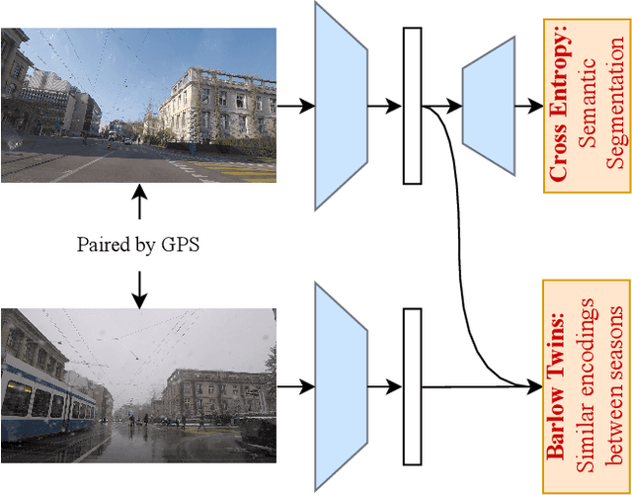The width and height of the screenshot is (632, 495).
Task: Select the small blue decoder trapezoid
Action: pos(488,105)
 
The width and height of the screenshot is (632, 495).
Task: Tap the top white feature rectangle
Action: pos(412,105)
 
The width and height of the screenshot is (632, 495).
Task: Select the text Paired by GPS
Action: pos(138,244)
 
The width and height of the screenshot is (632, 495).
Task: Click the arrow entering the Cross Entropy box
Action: pos(530,105)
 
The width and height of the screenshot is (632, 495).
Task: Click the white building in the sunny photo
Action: pos(212,109)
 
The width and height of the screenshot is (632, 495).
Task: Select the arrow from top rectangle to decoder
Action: pos(440,105)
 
